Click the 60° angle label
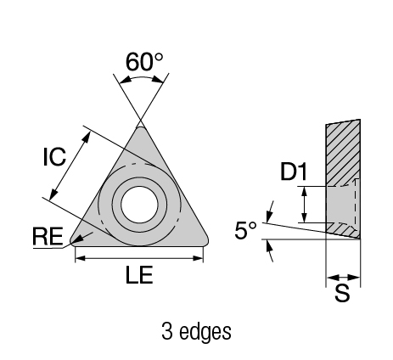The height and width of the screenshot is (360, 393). tap(144, 62)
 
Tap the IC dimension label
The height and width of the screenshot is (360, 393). tap(54, 157)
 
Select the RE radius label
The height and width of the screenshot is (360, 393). tap(48, 236)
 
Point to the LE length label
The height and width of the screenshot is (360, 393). tap(139, 274)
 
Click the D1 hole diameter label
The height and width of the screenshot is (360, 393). tap(294, 172)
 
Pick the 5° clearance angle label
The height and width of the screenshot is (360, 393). tap(245, 230)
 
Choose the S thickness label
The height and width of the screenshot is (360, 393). tap(342, 293)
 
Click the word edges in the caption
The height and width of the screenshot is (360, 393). tap(205, 331)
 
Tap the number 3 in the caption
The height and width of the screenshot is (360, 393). tap(167, 331)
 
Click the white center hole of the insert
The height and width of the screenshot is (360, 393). tap(139, 205)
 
